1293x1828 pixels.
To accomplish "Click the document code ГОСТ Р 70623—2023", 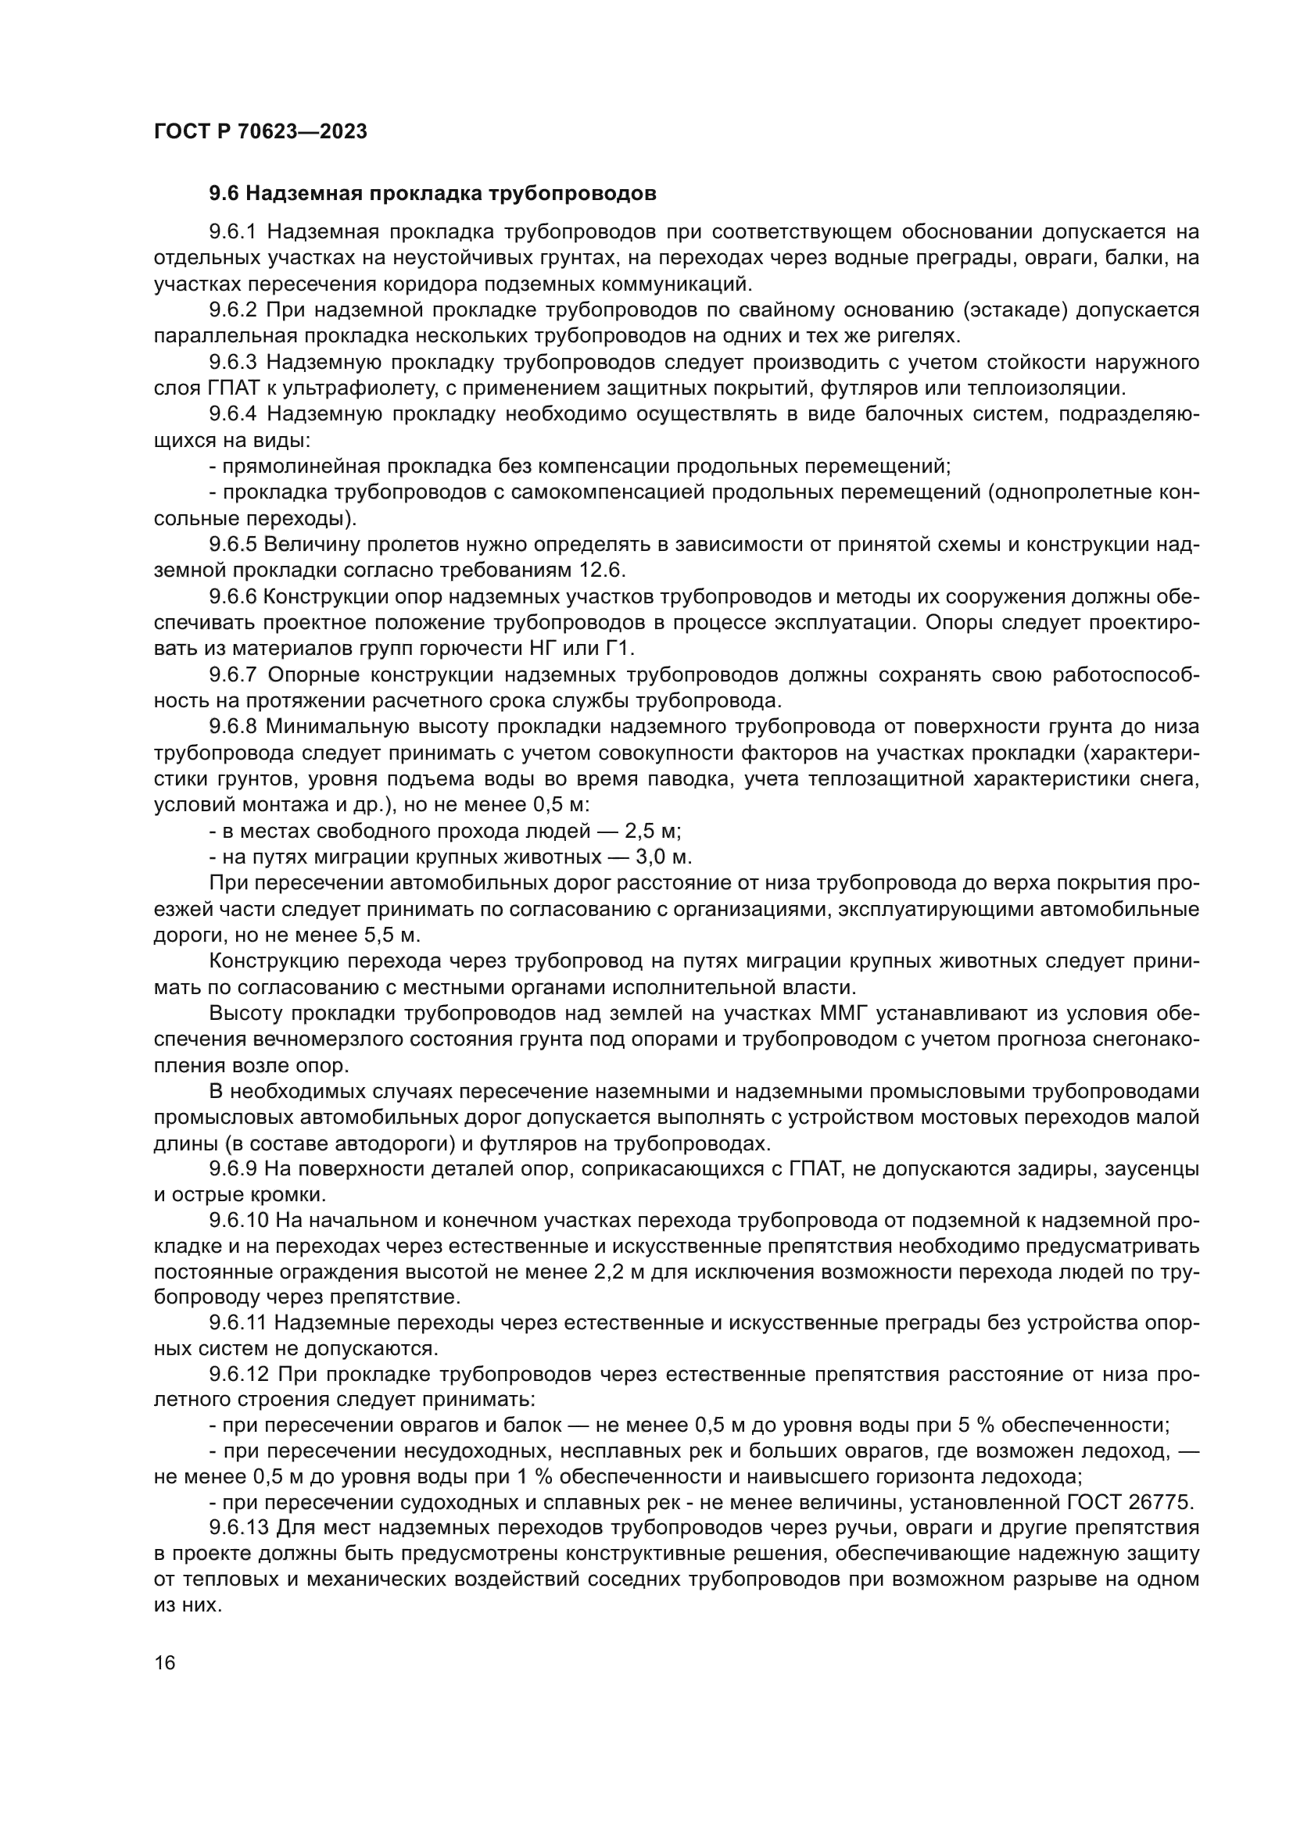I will (260, 132).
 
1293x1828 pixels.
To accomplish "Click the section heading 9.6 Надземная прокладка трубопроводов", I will (432, 194).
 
